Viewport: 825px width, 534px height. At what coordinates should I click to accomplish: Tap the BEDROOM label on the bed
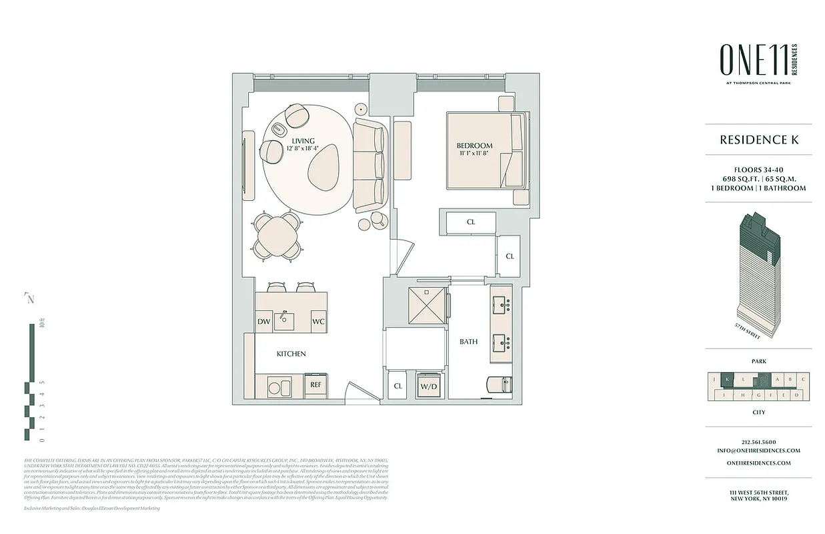pyautogui.click(x=474, y=146)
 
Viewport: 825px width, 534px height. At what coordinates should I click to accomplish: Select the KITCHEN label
pyautogui.click(x=291, y=353)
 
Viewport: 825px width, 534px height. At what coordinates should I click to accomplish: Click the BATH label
pyautogui.click(x=468, y=342)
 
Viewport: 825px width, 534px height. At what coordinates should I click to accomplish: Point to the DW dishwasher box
pyautogui.click(x=264, y=322)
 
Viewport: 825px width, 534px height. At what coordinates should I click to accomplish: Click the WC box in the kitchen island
pyautogui.click(x=318, y=322)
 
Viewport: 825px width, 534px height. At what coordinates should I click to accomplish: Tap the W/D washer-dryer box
pyautogui.click(x=428, y=386)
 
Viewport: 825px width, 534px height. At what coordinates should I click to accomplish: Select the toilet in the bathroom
pyautogui.click(x=499, y=385)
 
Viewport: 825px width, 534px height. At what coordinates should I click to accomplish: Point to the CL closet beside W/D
pyautogui.click(x=398, y=386)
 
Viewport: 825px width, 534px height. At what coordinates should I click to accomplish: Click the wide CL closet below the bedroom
pyautogui.click(x=471, y=222)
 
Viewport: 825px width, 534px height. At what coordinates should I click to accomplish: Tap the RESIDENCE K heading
pyautogui.click(x=758, y=140)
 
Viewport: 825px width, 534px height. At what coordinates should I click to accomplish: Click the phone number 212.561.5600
pyautogui.click(x=758, y=442)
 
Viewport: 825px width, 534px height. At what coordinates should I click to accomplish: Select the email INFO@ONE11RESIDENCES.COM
pyautogui.click(x=758, y=451)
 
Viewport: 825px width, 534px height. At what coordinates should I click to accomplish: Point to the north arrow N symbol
pyautogui.click(x=29, y=299)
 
